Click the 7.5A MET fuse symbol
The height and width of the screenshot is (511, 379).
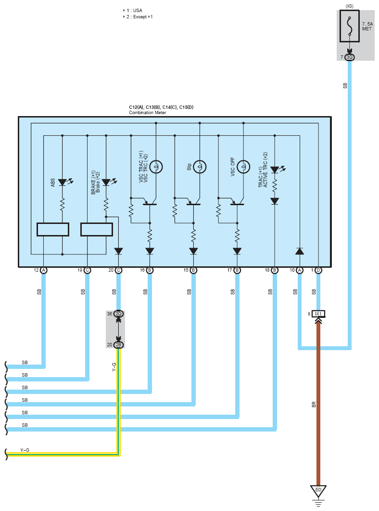(349, 26)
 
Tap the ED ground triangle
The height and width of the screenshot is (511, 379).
(318, 491)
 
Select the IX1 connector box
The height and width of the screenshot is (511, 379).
(318, 314)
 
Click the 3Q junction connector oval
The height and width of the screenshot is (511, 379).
(349, 57)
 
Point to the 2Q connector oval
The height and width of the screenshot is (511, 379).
(118, 314)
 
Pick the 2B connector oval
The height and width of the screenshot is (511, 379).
(118, 345)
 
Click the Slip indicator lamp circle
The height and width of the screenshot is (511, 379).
(200, 167)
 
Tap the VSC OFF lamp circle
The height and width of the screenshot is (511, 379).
(243, 167)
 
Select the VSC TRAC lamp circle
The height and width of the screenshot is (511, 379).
(156, 167)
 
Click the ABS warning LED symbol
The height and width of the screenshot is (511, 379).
(64, 182)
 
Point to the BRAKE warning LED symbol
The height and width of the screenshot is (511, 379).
(108, 182)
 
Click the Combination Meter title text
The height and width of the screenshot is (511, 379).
(147, 113)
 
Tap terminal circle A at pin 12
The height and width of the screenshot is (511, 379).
(44, 270)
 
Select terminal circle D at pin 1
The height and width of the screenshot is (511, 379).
(318, 270)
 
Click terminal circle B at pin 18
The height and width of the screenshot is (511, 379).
(275, 270)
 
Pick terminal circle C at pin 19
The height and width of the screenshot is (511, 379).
(87, 270)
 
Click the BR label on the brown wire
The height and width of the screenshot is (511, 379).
(314, 405)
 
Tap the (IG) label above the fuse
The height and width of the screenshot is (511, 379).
(349, 6)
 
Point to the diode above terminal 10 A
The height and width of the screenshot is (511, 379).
(300, 251)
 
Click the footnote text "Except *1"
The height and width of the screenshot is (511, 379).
(143, 17)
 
